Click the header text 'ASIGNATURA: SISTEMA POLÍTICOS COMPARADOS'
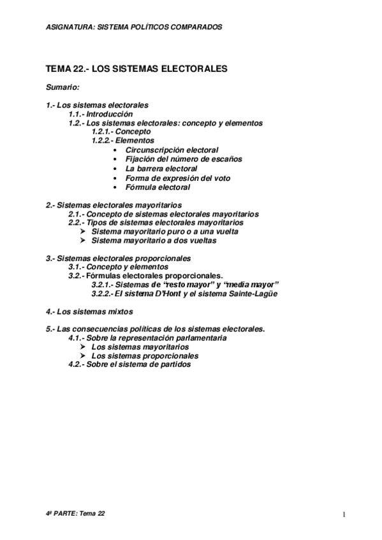135,27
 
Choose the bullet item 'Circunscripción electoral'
172,150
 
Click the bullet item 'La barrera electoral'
161,169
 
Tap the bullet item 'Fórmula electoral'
158,188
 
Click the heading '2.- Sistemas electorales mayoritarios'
114,205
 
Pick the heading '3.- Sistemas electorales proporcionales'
119,258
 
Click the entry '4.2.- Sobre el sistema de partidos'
129,365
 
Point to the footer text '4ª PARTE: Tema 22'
75,513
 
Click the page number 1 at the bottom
343,514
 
